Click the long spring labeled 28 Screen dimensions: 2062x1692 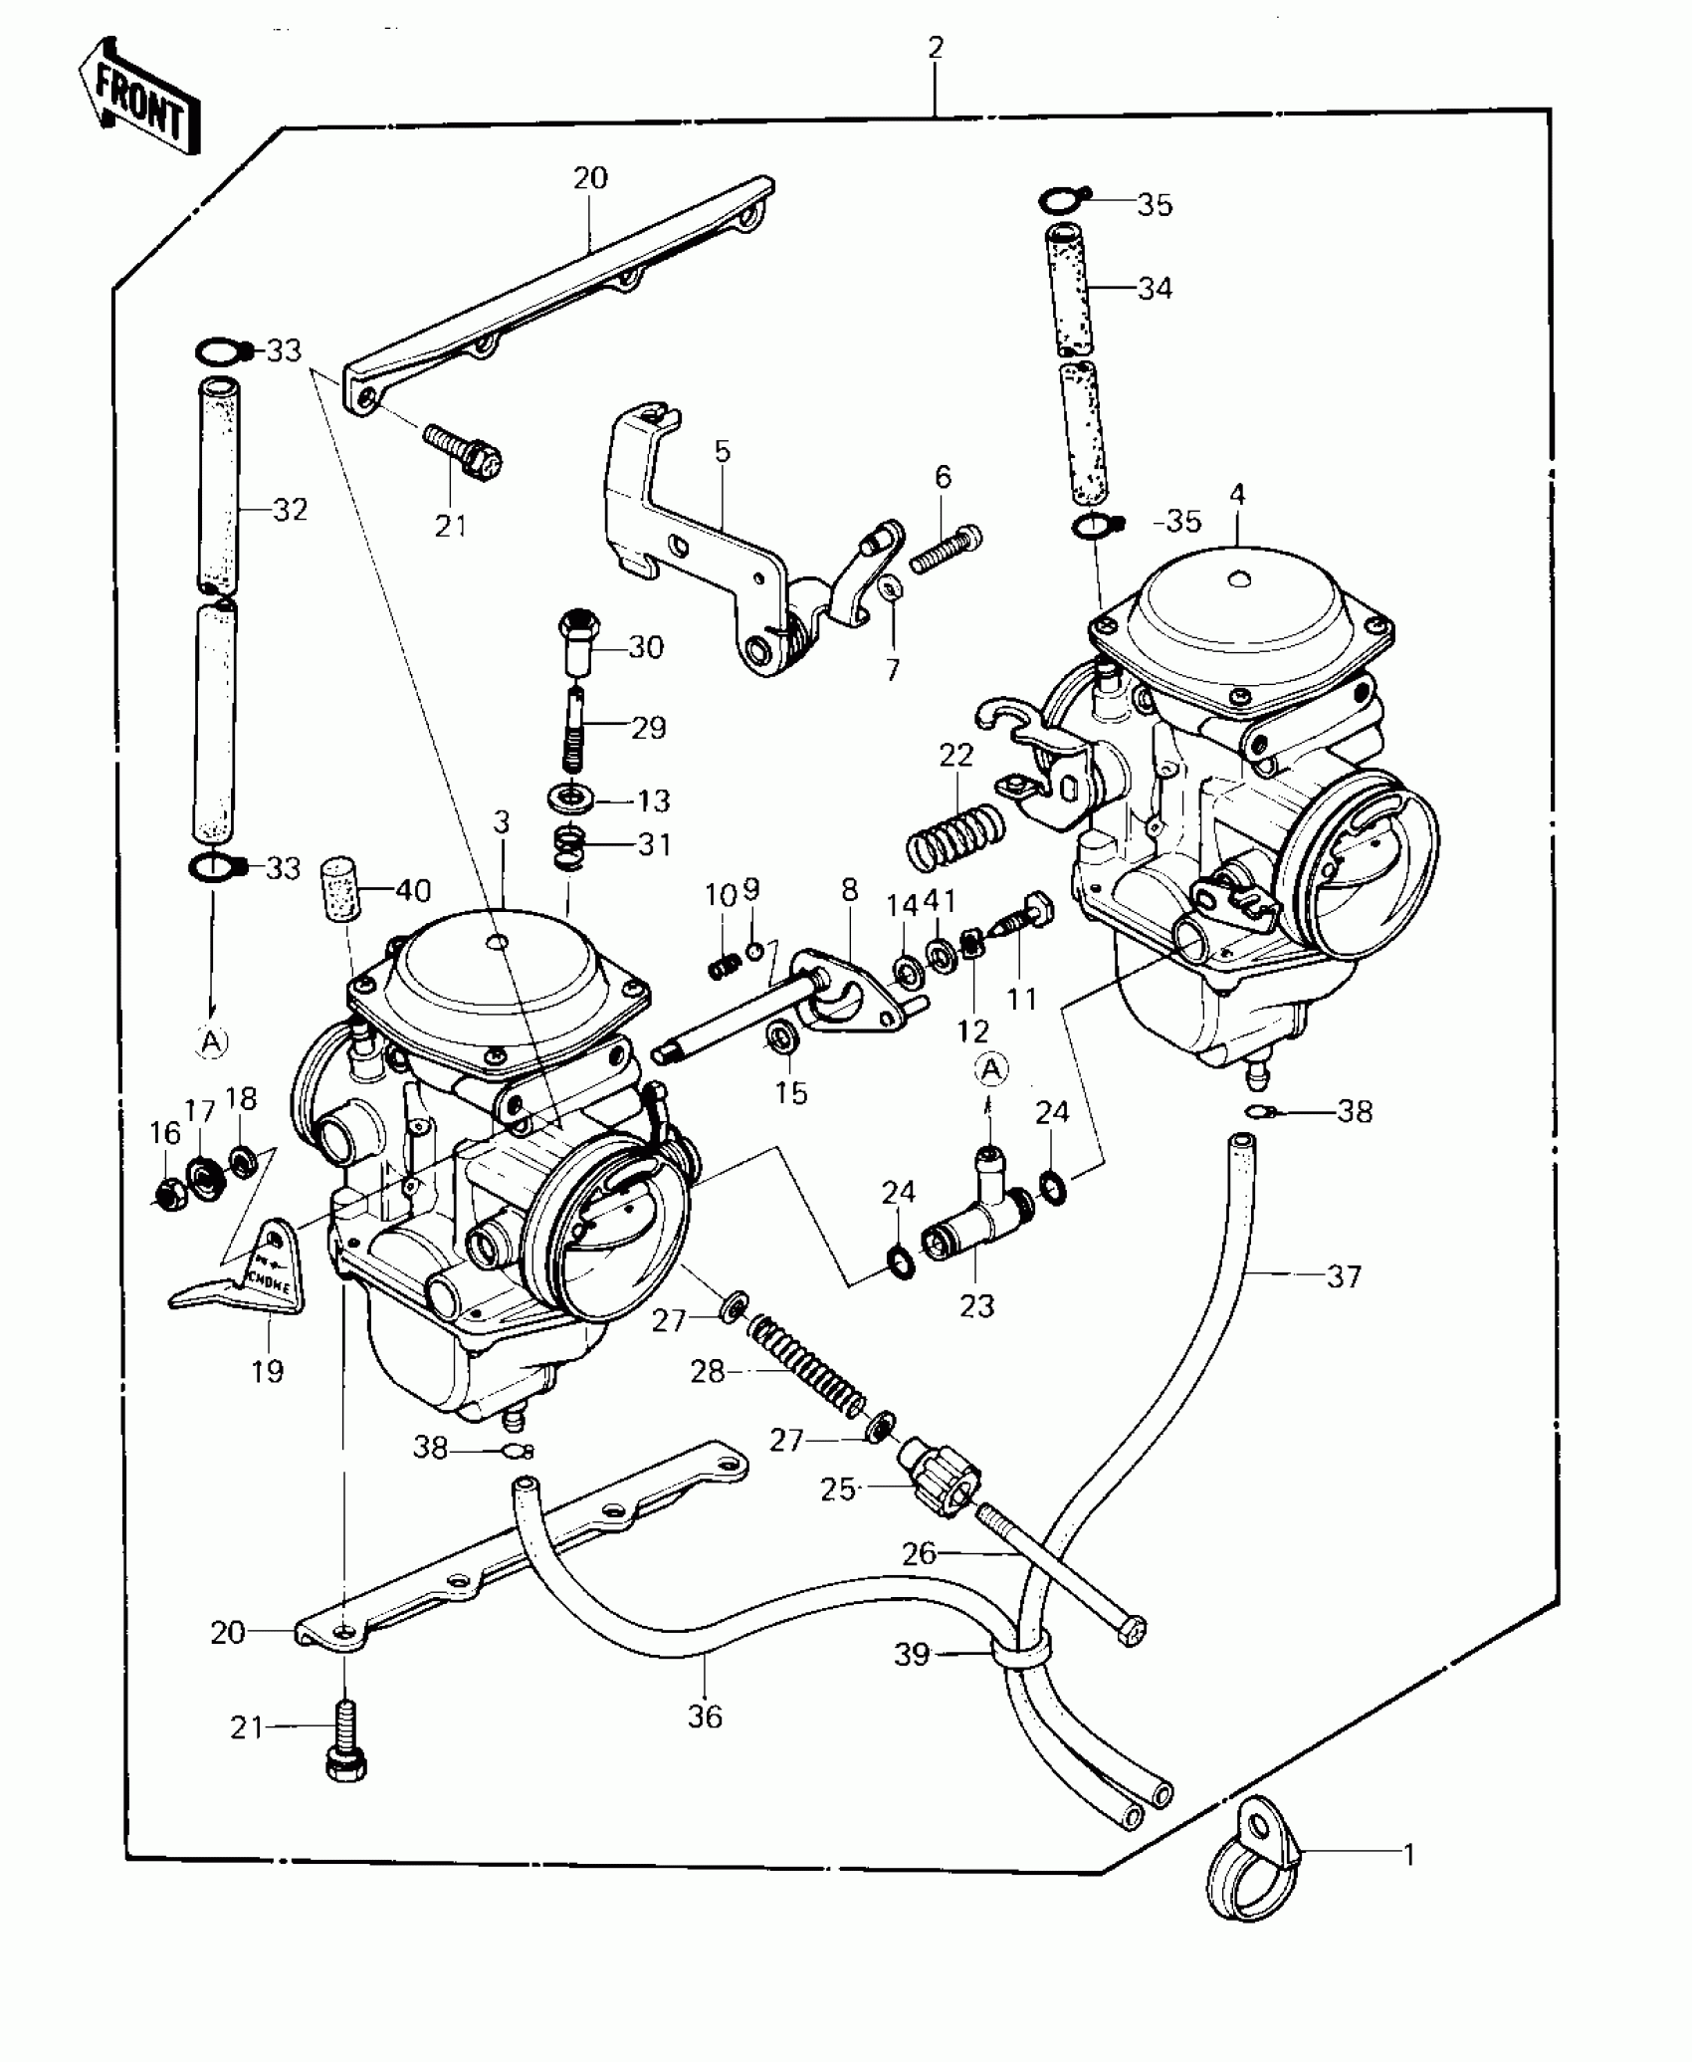(x=806, y=1366)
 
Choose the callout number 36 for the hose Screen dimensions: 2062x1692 (x=705, y=1717)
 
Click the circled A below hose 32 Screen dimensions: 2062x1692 (x=211, y=1041)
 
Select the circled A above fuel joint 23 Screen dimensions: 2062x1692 (x=991, y=1069)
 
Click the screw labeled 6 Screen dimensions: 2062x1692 (x=946, y=549)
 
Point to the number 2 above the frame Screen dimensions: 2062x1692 (x=936, y=47)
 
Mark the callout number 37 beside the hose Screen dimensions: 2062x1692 (x=1344, y=1276)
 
